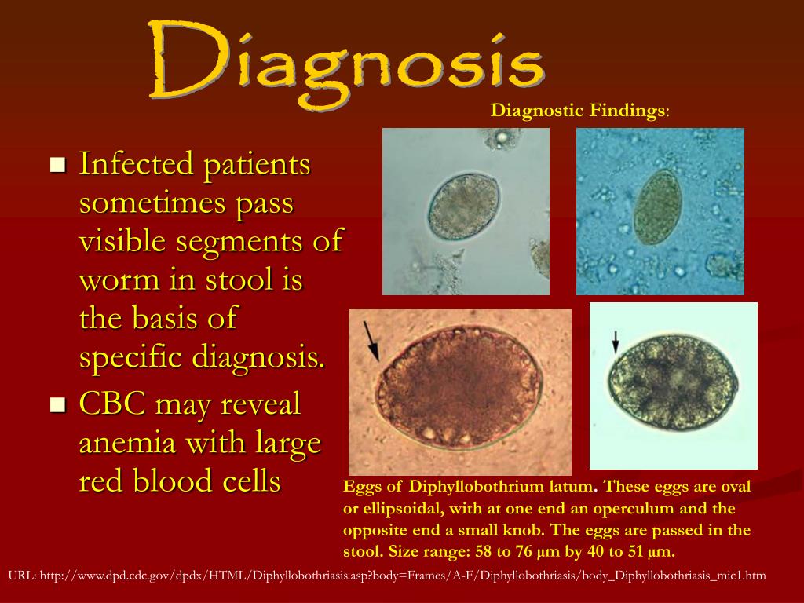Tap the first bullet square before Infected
57,165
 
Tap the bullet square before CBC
57,405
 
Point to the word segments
228,242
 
